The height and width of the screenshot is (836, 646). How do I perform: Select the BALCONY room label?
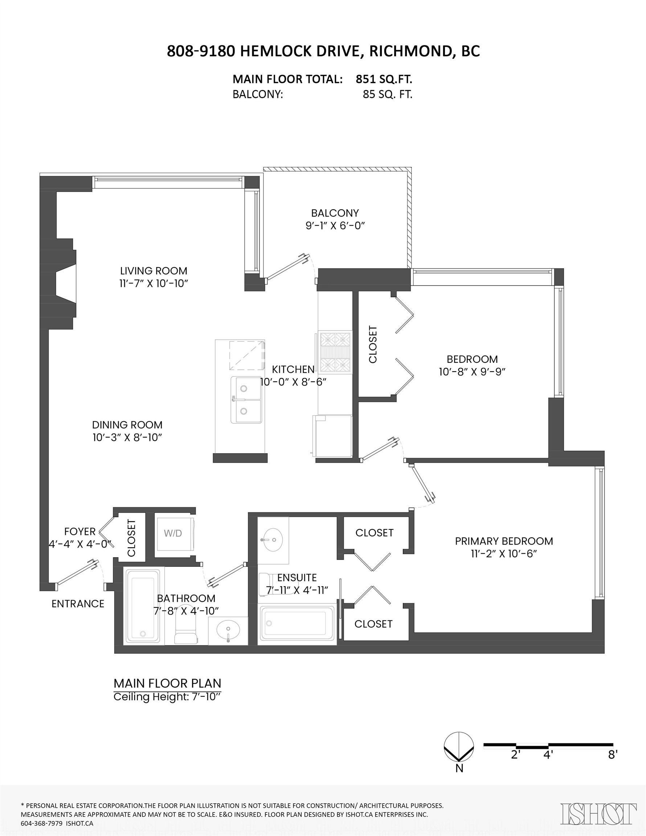pyautogui.click(x=335, y=213)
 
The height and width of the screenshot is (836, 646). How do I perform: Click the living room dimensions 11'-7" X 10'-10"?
pyautogui.click(x=154, y=283)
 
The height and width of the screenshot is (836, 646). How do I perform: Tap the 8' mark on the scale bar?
pyautogui.click(x=613, y=755)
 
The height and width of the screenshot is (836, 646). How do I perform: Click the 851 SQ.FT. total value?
pyautogui.click(x=384, y=79)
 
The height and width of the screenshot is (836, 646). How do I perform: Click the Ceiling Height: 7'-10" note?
pyautogui.click(x=167, y=697)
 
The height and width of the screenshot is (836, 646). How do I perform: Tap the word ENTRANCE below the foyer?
pyautogui.click(x=78, y=604)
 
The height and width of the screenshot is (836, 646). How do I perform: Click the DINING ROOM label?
pyautogui.click(x=127, y=425)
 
